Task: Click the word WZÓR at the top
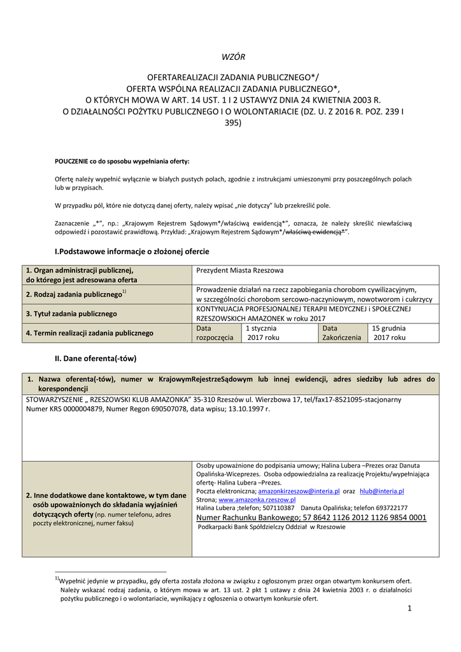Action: click(232, 57)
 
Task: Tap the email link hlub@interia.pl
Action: click(382, 492)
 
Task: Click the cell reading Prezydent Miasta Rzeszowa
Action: click(241, 271)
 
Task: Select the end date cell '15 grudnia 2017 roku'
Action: click(389, 333)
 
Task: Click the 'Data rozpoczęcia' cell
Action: click(215, 333)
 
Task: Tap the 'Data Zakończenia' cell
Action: click(341, 333)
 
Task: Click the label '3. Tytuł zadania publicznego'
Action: click(71, 314)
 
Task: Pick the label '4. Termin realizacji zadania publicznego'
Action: click(89, 333)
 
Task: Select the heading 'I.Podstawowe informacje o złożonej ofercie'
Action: click(132, 252)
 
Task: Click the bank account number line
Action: click(311, 518)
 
